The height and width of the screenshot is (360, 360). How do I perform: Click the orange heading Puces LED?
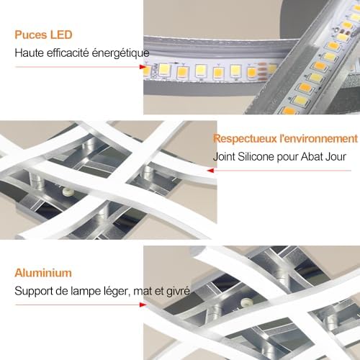pos(43,35)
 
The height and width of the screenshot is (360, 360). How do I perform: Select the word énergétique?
pos(121,53)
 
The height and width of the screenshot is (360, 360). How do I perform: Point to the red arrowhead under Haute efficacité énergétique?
pos(143,67)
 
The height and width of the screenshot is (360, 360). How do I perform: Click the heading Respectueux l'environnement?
pos(285,139)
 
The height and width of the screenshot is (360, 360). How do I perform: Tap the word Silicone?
pos(256,157)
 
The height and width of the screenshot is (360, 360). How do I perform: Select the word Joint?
pos(224,157)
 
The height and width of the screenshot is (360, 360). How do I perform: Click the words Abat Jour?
pos(323,157)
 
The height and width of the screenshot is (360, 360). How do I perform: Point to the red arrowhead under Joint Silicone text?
pos(210,171)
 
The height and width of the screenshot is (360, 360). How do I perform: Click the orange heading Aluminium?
pos(43,273)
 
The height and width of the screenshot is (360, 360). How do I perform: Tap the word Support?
pos(34,292)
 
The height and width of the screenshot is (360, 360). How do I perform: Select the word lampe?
pos(86,292)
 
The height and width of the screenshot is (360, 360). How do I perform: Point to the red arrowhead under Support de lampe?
pos(143,305)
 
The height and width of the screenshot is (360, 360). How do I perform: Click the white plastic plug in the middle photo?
pos(67,192)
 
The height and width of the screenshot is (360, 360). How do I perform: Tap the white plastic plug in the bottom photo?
pos(246,302)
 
